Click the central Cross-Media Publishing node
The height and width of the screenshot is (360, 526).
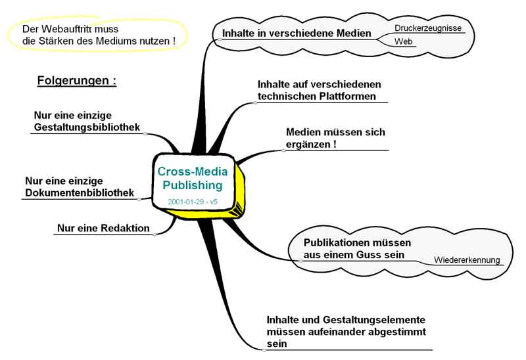(x=193, y=178)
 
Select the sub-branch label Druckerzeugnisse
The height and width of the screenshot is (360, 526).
(x=428, y=28)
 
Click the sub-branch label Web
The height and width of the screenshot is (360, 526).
(x=403, y=41)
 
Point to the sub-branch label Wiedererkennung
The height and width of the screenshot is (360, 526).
(x=467, y=259)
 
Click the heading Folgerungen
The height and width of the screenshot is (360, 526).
(x=76, y=81)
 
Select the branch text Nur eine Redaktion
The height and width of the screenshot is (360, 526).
(x=103, y=229)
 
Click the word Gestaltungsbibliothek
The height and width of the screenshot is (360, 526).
(x=86, y=127)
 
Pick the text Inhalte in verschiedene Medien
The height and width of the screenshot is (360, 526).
(x=297, y=33)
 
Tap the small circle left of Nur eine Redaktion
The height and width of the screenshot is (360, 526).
(x=155, y=233)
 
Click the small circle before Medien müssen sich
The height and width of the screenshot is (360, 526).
(x=283, y=150)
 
